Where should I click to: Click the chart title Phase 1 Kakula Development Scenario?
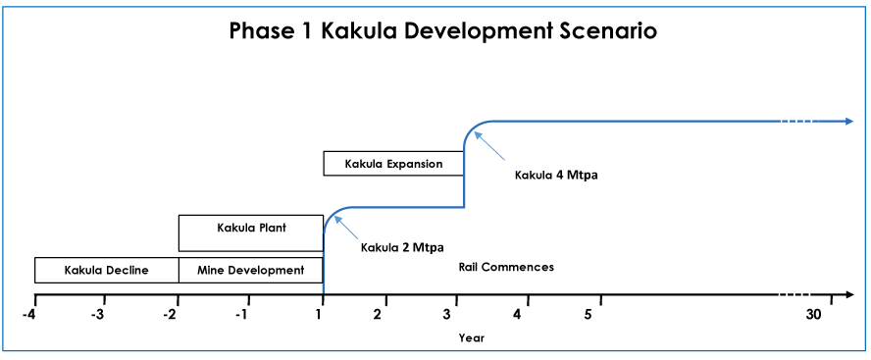pos(442,30)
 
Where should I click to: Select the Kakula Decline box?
pos(107,271)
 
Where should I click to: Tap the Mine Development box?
pos(250,271)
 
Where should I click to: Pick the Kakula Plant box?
pos(250,232)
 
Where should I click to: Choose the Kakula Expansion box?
pos(393,164)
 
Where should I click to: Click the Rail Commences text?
pos(506,267)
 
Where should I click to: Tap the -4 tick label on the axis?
pos(28,315)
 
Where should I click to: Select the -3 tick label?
pos(98,315)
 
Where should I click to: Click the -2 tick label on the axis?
pos(170,315)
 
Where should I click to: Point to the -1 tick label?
pos(241,315)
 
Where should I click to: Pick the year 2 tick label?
pos(378,315)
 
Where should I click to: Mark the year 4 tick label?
pos(517,315)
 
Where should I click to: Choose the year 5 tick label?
pos(589,315)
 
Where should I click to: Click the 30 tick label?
pos(813,315)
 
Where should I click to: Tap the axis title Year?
pos(472,337)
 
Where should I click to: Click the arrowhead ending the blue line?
pos(848,121)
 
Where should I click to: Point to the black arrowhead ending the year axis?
pos(848,294)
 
